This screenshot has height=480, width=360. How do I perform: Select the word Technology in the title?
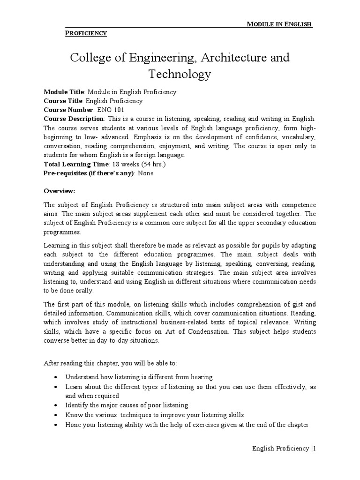point(180,74)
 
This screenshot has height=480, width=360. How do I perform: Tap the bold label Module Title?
point(62,92)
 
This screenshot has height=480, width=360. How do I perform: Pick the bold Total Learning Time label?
point(76,164)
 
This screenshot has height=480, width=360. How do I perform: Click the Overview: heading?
point(59,191)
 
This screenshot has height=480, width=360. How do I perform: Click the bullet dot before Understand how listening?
point(56,377)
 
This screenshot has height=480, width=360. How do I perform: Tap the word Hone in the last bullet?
point(73,425)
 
